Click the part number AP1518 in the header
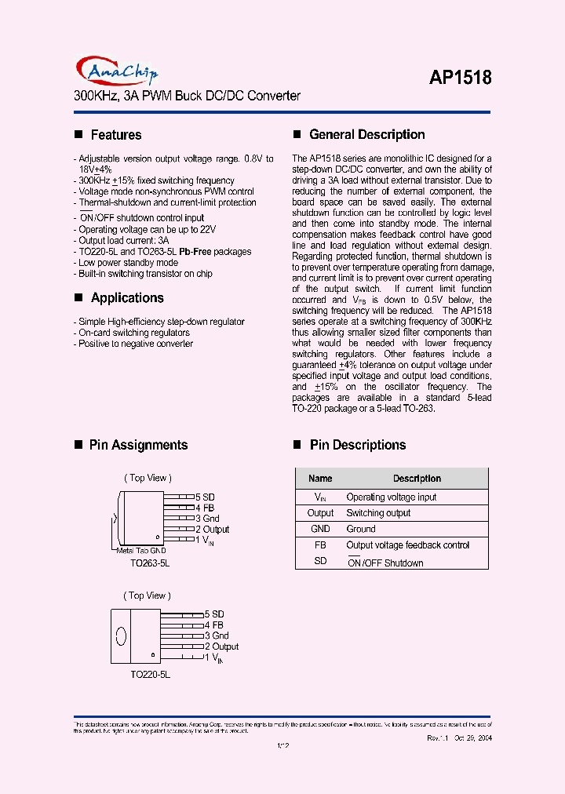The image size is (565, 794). point(461,78)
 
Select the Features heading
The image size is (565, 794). point(115,135)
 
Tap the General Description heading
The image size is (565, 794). point(366,135)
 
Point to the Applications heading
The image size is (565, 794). point(126,298)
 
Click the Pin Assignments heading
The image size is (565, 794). point(138,445)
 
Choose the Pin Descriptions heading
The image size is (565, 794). point(357,445)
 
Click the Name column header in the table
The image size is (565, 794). point(320,479)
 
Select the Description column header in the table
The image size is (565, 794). point(417,479)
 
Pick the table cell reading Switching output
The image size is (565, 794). point(378,513)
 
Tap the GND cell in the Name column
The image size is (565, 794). point(320,529)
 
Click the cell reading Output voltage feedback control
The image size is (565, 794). point(407,545)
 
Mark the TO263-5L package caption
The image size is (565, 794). point(150,563)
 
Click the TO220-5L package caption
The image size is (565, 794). point(150,674)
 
